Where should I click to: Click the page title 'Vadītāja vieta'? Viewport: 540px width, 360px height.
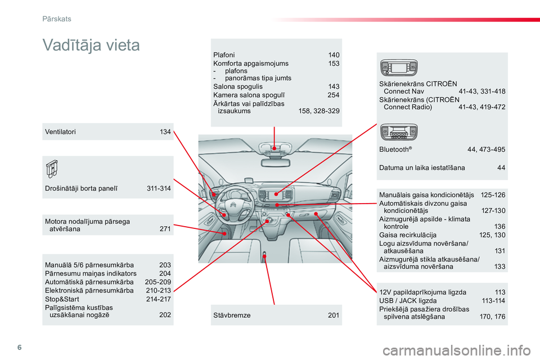tap(91, 45)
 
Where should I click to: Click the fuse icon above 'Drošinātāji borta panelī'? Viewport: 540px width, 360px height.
tap(52, 169)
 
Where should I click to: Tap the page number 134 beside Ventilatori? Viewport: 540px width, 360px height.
tap(165, 132)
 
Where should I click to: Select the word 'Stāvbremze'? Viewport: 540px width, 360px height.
tap(232, 315)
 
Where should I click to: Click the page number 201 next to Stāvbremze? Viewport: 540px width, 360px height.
tap(334, 315)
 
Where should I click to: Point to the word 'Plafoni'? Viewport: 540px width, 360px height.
tap(224, 55)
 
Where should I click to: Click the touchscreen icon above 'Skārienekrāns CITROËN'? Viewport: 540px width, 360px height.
tap(399, 67)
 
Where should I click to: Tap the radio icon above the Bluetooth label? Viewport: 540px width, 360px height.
tap(399, 132)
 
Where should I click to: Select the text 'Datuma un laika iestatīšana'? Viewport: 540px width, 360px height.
tap(422, 168)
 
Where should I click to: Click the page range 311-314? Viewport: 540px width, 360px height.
tap(159, 188)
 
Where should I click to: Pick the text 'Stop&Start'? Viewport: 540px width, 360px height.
tap(62, 299)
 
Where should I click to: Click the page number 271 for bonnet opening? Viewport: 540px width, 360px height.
tap(165, 229)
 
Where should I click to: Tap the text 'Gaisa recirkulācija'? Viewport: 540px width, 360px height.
tap(408, 235)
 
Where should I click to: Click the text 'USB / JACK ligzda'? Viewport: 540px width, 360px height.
tap(408, 301)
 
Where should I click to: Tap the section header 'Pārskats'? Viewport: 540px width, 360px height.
tap(57, 19)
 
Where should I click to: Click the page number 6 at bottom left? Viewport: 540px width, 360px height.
tap(19, 347)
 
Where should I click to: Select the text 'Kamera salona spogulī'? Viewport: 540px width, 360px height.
tap(249, 95)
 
